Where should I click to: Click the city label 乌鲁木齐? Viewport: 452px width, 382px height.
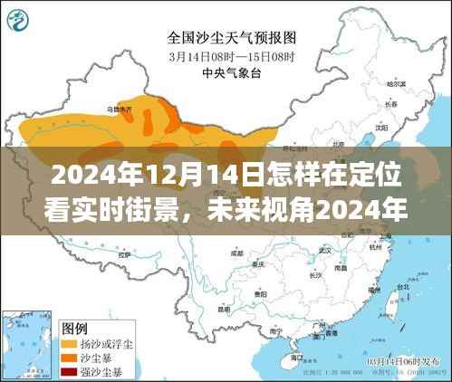pos(120,108)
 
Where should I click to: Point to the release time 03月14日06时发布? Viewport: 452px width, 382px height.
pos(399,360)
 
